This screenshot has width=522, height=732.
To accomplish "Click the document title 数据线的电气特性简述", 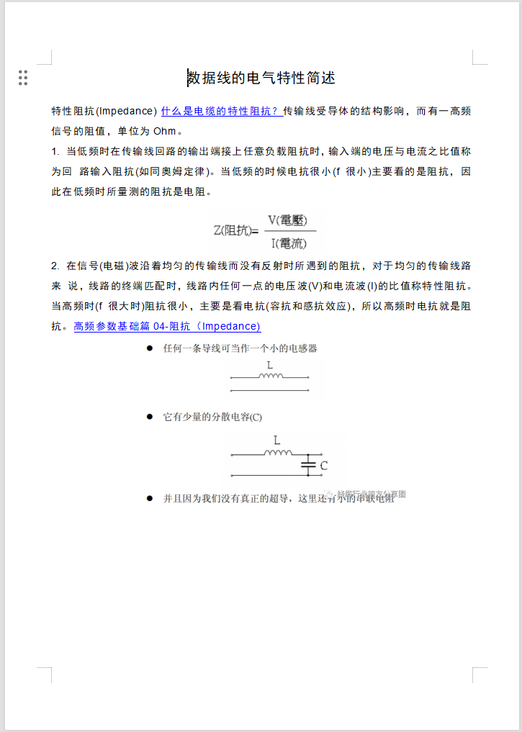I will coord(261,78).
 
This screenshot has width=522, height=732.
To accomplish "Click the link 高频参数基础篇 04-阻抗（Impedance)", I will coord(167,326).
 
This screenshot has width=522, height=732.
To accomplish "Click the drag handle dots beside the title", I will coord(23,78).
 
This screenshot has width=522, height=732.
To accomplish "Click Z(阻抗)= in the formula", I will coord(235,231).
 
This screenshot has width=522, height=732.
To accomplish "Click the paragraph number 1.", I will coord(55,152).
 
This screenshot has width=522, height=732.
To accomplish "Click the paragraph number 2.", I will coord(55,266).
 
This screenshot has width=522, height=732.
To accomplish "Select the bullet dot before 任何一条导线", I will coord(150,348).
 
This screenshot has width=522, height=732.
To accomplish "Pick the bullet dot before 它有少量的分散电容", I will coord(150,417).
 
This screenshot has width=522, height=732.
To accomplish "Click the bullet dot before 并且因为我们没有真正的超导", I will coord(150,497).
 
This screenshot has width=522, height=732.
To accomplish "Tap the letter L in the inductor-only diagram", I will coord(269,366).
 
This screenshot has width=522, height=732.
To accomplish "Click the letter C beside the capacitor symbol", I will coord(324,466).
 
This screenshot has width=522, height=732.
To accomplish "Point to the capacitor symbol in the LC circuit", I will coord(308,466).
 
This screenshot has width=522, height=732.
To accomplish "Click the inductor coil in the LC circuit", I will coord(277,453).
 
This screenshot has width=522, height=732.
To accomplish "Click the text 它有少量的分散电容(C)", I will coord(213,417).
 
